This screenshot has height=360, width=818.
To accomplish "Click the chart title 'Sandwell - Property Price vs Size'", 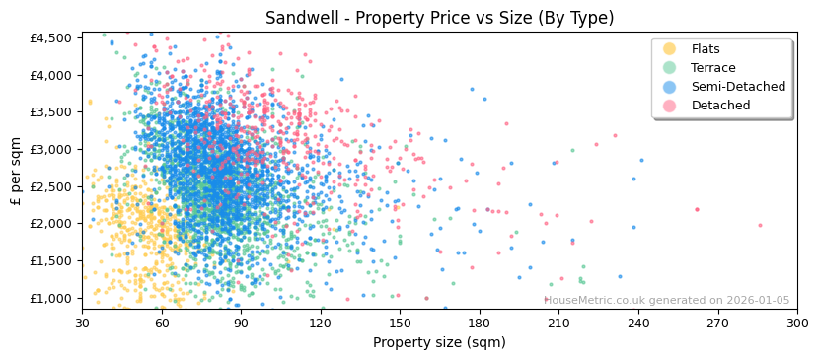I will (439, 18).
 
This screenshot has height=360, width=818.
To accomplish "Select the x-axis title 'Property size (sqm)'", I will (439, 342).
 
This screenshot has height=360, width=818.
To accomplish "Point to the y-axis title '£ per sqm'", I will (16, 171).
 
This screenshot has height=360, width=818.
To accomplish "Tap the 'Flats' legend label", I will (706, 49).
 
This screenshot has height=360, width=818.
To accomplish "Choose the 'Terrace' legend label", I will (712, 68).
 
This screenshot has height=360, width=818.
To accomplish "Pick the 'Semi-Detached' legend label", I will (738, 87).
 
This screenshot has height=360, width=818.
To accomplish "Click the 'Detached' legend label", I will (720, 106).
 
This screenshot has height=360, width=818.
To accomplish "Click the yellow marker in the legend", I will (670, 49).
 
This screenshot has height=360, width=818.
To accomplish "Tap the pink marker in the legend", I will (670, 106).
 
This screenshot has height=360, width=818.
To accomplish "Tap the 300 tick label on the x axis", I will (796, 323).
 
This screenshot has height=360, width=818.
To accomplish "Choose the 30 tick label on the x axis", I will (82, 323).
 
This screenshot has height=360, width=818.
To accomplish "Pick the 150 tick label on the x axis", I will (400, 323).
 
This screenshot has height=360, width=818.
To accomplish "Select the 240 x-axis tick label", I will (637, 323).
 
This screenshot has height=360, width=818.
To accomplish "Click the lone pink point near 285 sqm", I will (760, 225).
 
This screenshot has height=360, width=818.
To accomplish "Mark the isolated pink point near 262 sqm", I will (697, 209).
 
